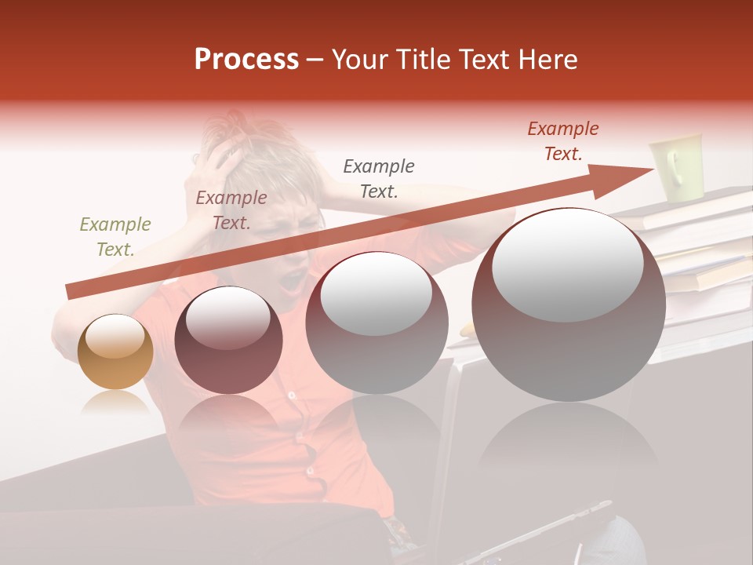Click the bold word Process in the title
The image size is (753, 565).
[246, 60]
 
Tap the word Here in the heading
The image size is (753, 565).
[548, 60]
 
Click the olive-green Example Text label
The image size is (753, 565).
[115, 237]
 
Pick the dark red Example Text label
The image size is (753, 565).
[563, 141]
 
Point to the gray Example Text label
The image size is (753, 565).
[379, 178]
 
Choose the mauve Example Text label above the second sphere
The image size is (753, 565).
[231, 210]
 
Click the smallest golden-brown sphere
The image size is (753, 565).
[115, 352]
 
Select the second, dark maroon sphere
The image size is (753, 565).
[228, 341]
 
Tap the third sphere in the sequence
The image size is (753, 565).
[376, 323]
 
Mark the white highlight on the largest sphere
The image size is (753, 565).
[568, 263]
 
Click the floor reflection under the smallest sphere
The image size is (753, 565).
[115, 403]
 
